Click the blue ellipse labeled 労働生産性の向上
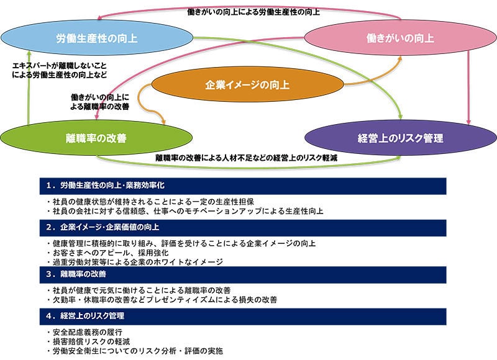click(97, 38)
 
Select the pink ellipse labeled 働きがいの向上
click(400, 38)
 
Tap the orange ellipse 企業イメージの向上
click(247, 84)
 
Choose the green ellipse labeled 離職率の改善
click(96, 138)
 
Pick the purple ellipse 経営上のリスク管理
click(400, 138)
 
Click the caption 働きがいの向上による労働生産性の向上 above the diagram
click(253, 12)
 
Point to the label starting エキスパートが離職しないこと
click(60, 70)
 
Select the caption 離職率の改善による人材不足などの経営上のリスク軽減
click(246, 158)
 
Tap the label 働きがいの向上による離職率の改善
click(99, 102)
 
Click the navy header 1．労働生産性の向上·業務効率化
click(243, 186)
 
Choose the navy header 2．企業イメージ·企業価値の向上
click(243, 228)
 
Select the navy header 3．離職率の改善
click(243, 274)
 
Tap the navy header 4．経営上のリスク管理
click(243, 317)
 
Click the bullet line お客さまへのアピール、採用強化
click(107, 253)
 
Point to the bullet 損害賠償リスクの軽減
click(88, 341)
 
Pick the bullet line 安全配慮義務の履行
click(84, 332)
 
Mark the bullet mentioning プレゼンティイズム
click(162, 300)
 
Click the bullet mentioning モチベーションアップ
click(185, 211)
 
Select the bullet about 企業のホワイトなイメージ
click(135, 262)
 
